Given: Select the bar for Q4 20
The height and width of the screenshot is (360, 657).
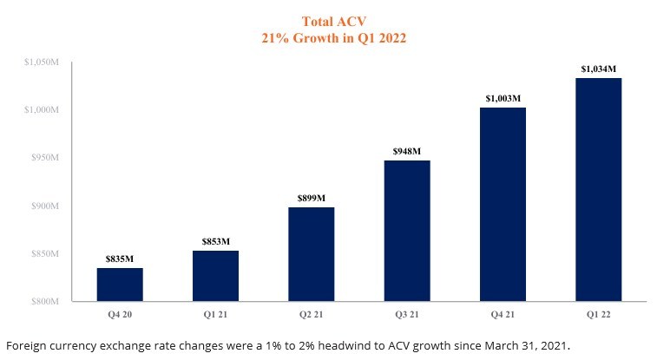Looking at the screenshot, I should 120,285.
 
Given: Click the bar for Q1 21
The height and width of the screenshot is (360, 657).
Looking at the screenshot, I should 215,276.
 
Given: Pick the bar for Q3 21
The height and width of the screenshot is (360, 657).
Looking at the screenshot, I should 407,231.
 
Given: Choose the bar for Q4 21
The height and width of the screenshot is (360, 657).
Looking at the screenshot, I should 503,204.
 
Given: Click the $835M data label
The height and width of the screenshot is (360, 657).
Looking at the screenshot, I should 120,259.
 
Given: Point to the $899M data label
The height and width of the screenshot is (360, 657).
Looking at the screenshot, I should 311,199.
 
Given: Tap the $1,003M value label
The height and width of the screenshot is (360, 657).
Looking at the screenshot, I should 503,98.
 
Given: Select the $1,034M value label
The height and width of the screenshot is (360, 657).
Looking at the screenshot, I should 598,69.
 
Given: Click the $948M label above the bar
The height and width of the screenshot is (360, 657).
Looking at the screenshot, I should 407,152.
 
